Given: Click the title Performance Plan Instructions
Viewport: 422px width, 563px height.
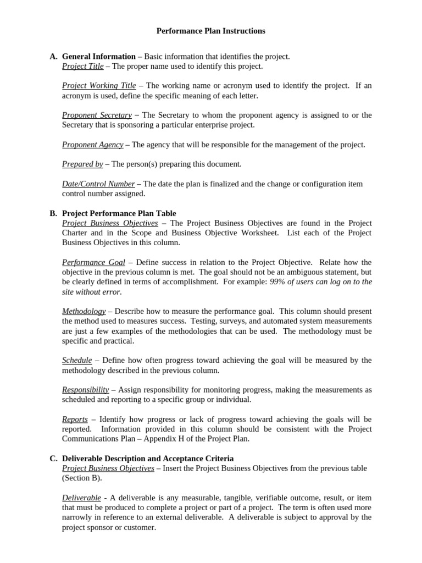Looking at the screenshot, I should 210,31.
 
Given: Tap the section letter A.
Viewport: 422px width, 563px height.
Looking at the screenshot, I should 53,57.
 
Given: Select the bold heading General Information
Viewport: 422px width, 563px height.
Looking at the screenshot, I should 98,57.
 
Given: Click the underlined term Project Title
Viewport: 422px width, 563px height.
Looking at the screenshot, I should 82,67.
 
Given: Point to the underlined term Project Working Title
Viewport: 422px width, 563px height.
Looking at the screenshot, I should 99,86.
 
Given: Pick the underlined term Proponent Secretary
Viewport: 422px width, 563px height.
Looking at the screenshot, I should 97,115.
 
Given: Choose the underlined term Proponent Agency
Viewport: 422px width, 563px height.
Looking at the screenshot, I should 92,145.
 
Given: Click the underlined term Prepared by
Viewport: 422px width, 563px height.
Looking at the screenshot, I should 82,164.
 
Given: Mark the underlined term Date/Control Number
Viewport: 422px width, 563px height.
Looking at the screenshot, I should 98,184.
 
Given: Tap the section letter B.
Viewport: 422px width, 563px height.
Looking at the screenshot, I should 53,214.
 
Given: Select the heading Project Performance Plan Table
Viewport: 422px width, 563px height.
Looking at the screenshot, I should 119,214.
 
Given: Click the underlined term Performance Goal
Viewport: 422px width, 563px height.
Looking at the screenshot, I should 93,263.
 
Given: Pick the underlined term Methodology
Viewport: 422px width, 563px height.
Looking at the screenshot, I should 84,312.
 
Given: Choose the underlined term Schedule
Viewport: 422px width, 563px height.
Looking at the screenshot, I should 77,361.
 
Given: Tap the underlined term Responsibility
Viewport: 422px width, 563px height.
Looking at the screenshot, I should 85,390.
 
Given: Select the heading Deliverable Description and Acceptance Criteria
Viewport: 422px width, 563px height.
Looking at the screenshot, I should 148,459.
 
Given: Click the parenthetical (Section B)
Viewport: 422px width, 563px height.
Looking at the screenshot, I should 82,478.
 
